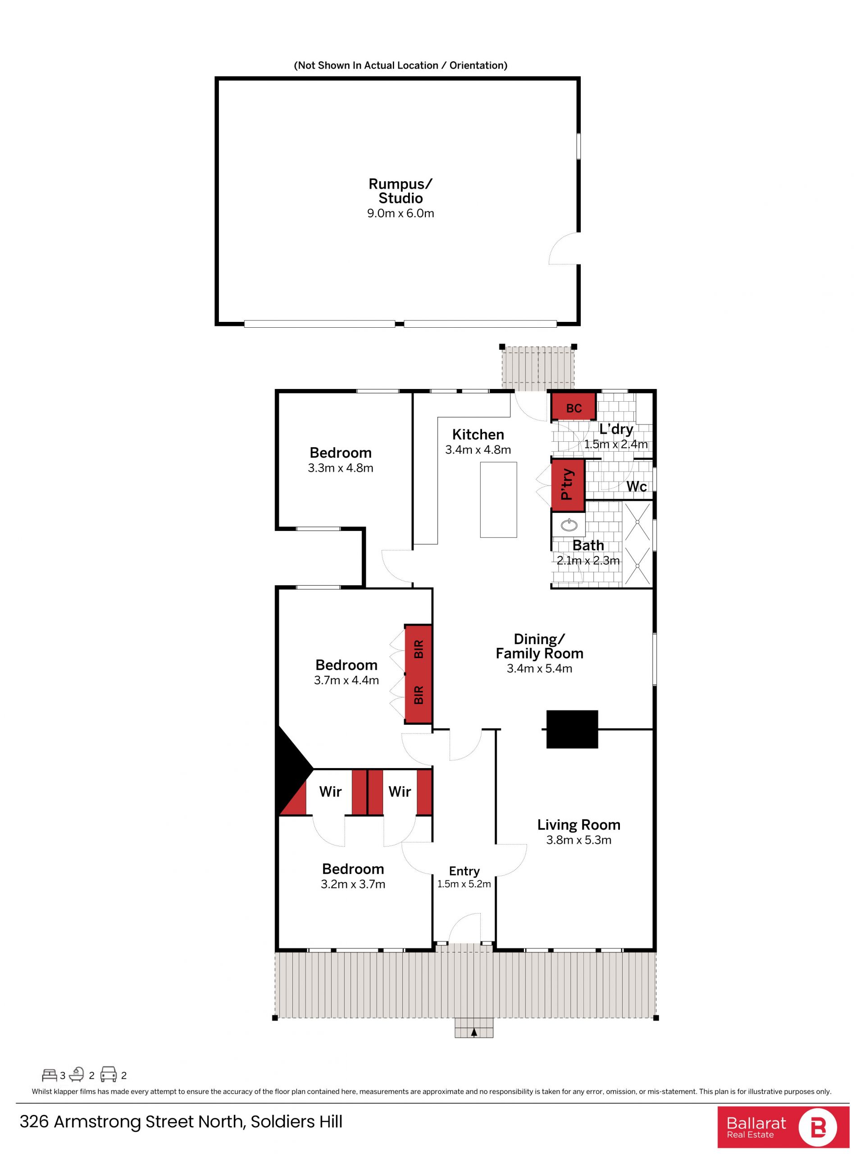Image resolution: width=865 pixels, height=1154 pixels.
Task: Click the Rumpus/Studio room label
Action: pyautogui.click(x=401, y=191)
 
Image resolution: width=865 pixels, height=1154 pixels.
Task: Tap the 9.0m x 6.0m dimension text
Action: pyautogui.click(x=401, y=213)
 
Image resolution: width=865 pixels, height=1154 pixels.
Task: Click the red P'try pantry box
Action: pyautogui.click(x=568, y=485)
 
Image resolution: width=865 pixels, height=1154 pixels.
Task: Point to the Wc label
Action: pyautogui.click(x=636, y=486)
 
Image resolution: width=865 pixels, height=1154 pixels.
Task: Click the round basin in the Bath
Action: pyautogui.click(x=569, y=525)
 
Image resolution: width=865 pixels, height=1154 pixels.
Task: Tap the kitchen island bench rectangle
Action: pyautogui.click(x=498, y=500)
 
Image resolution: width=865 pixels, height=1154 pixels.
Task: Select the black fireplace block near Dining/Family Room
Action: pyautogui.click(x=572, y=729)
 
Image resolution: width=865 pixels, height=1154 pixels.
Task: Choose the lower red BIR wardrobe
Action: pyautogui.click(x=418, y=697)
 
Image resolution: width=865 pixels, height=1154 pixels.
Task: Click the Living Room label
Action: pyautogui.click(x=579, y=825)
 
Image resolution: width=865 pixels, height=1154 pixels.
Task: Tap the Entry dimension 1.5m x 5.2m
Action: pyautogui.click(x=464, y=884)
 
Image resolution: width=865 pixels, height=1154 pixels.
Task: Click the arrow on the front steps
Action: pyautogui.click(x=474, y=1032)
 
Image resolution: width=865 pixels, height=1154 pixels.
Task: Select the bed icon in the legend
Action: pyautogui.click(x=50, y=1075)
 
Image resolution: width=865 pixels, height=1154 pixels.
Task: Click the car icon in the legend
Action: pyautogui.click(x=109, y=1075)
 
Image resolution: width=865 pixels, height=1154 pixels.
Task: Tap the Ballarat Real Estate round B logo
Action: pyautogui.click(x=818, y=1127)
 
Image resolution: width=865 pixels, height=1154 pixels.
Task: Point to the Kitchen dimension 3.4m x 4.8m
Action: pyautogui.click(x=478, y=450)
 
